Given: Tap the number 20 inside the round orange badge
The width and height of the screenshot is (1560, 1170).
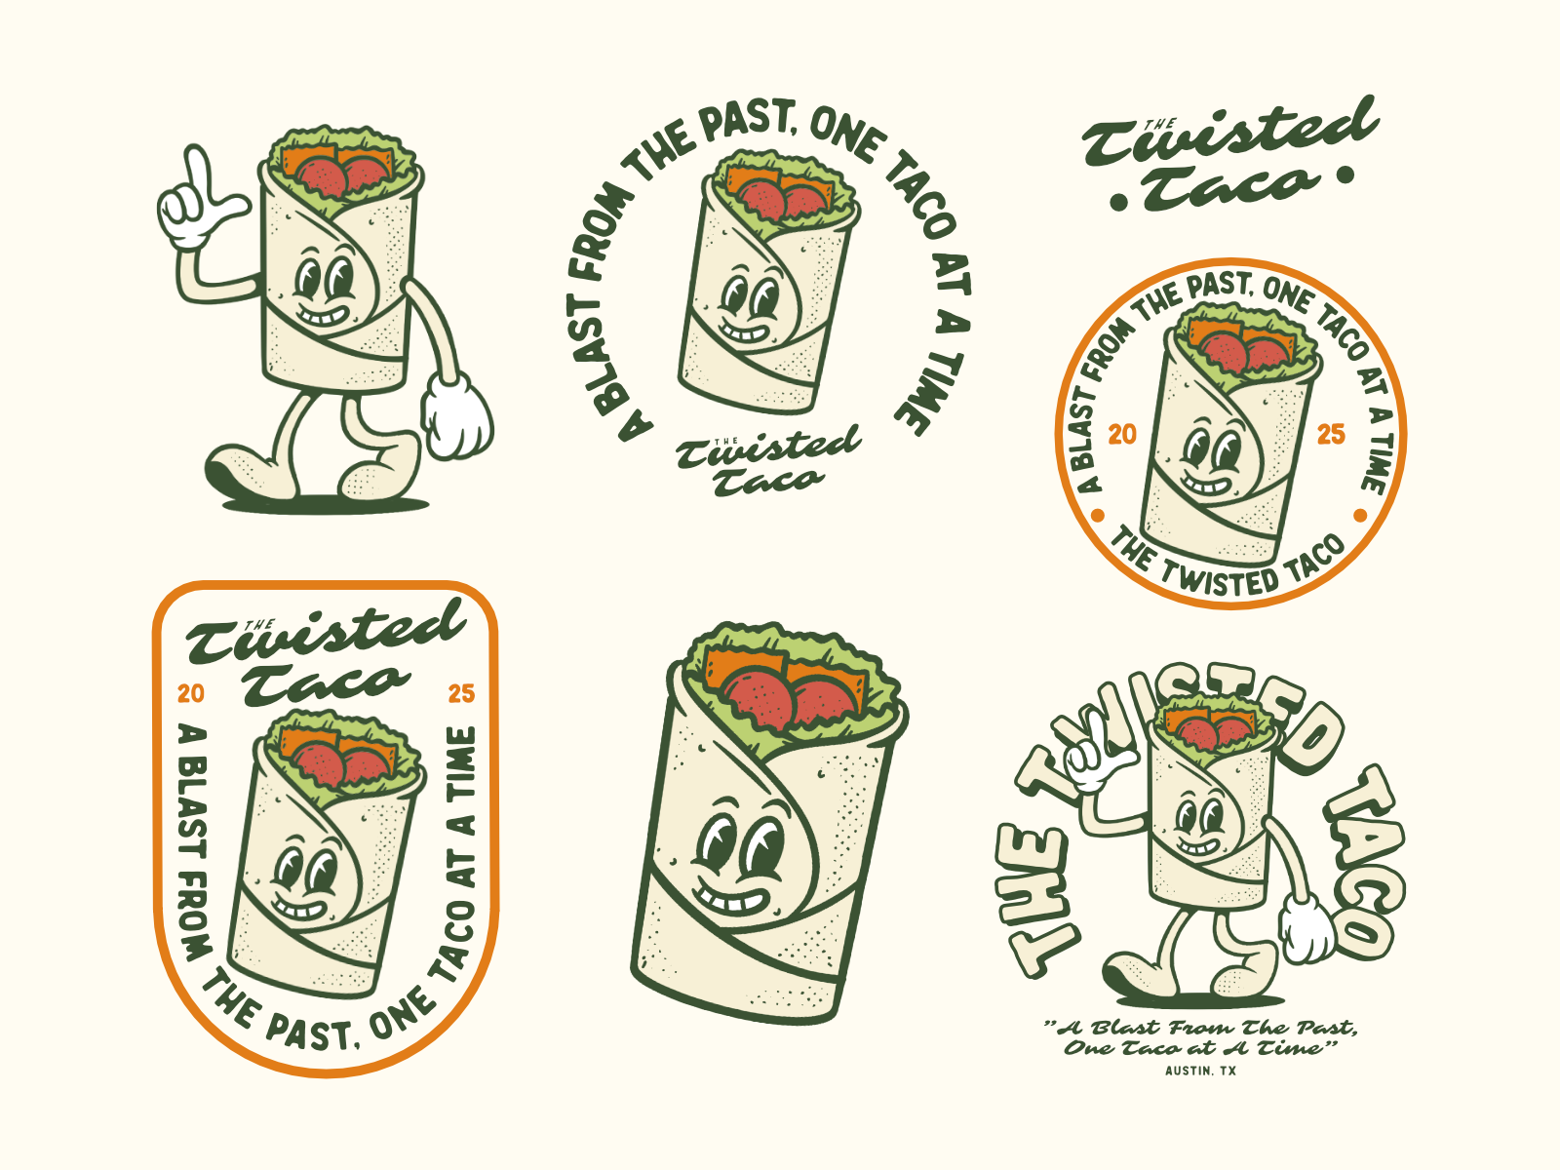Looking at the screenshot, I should pos(1122,434).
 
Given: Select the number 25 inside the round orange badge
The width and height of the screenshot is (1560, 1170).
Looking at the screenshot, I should pos(1331,434).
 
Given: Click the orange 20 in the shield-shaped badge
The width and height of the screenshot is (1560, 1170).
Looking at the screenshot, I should pos(191,693).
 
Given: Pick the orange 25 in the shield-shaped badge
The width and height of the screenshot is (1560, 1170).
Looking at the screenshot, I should pos(461,693).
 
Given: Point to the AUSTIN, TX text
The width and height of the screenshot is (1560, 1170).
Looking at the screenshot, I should pos(1200,1071).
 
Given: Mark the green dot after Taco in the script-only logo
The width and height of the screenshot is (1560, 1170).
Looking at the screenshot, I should pos(1345,175).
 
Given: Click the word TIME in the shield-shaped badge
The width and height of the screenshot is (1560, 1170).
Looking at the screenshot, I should pos(461,760).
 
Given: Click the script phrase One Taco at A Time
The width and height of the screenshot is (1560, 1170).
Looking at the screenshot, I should pos(1198,1048).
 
